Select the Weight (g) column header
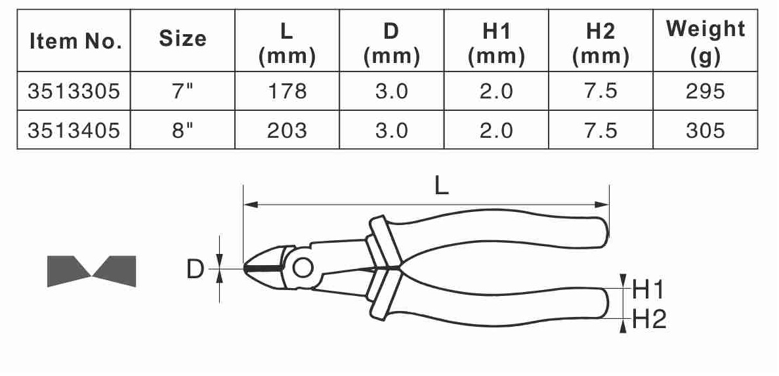coord(705,42)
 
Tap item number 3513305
coord(74,91)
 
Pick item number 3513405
coord(74,131)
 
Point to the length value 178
coord(287,91)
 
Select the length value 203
coord(287,131)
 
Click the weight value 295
coord(705,91)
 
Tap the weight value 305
coord(705,131)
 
